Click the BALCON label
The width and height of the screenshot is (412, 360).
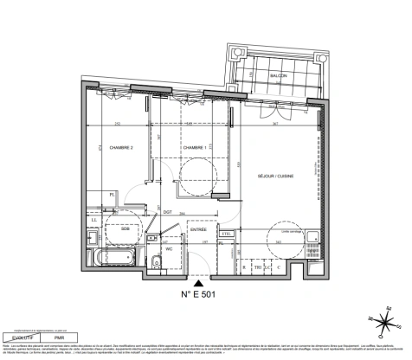[x=279, y=76]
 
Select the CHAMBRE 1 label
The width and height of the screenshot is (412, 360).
[x=193, y=148]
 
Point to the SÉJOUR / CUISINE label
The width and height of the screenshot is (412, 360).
[x=276, y=177]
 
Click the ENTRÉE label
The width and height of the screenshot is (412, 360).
[x=197, y=229]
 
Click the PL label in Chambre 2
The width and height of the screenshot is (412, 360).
[x=113, y=194]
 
